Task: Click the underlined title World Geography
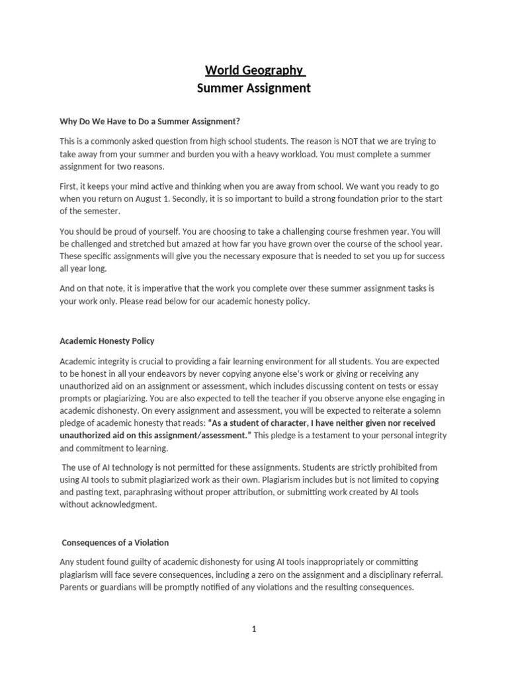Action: click(253, 70)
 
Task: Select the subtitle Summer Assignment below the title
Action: click(253, 88)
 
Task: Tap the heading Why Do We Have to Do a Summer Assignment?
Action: click(150, 121)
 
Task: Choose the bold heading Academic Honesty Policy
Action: click(107, 341)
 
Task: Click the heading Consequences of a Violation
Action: click(115, 543)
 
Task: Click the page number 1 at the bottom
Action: click(253, 629)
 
